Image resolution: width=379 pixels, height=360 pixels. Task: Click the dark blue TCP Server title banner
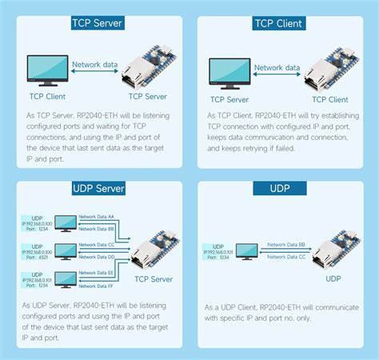tap(96, 23)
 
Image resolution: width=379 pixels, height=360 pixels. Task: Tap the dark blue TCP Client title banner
tap(277, 23)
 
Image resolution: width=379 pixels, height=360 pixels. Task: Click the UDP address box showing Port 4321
tap(35, 251)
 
